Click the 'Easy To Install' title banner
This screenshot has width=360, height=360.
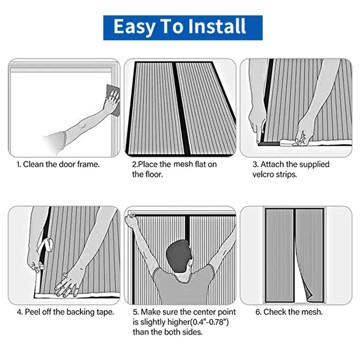coord(183,27)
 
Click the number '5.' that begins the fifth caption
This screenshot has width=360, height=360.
coord(135,311)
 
